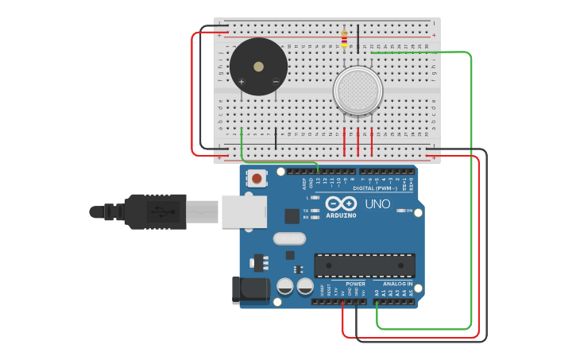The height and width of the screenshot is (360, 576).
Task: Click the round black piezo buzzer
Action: point(258,66)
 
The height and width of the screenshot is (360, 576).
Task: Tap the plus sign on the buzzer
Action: point(242,81)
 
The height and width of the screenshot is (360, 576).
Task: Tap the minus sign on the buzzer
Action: point(276,81)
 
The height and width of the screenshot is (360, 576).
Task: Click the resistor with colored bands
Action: point(344,37)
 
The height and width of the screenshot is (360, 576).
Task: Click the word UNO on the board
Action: point(377,204)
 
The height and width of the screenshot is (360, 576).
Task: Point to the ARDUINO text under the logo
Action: point(341,215)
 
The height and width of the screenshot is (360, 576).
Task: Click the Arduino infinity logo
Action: point(341,203)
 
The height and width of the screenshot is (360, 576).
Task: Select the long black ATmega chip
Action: point(365,265)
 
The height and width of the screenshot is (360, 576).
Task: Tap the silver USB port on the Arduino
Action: point(242,212)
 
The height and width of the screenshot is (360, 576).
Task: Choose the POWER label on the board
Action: point(356,283)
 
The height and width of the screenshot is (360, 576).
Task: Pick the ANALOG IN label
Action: point(397,283)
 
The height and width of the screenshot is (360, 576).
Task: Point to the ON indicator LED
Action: point(399,211)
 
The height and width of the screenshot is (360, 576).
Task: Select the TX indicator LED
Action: point(315,211)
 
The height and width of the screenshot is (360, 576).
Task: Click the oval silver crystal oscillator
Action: point(289,238)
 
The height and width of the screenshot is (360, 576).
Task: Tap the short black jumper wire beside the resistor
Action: point(358,37)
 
